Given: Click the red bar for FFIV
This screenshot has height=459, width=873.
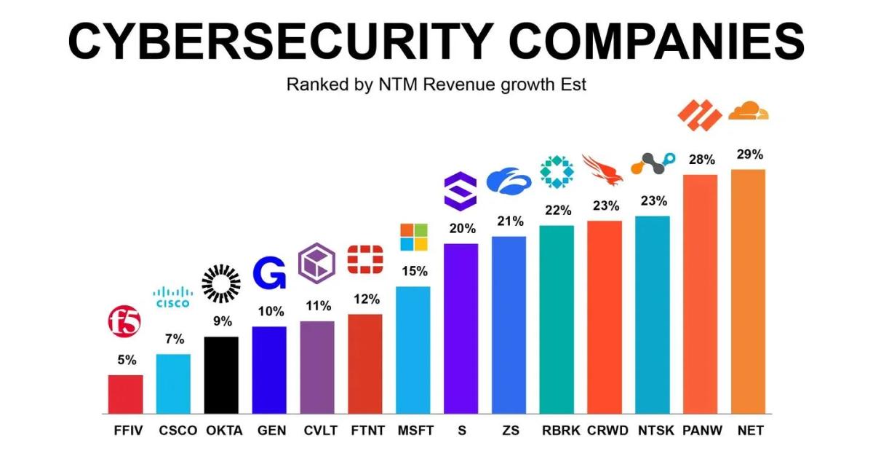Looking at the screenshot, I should pyautogui.click(x=125, y=394).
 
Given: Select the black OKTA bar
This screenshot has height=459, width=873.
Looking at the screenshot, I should pyautogui.click(x=221, y=375).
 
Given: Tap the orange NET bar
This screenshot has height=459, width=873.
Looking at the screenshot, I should pyautogui.click(x=748, y=291).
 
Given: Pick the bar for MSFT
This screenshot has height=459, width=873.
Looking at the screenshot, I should pyautogui.click(x=413, y=350).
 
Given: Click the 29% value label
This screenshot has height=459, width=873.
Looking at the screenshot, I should pyautogui.click(x=749, y=154).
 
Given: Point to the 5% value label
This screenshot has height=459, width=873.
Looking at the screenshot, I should pyautogui.click(x=125, y=360).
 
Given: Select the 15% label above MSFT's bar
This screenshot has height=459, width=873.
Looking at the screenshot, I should pyautogui.click(x=413, y=271).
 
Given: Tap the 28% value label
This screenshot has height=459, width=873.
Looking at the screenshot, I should pyautogui.click(x=701, y=160).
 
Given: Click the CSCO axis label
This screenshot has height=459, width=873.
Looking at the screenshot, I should pyautogui.click(x=178, y=431).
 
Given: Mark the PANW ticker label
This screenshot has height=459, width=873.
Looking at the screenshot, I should pyautogui.click(x=701, y=431).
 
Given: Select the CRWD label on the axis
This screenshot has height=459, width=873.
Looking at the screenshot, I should pyautogui.click(x=605, y=431).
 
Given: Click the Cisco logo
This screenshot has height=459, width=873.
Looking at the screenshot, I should pyautogui.click(x=172, y=297).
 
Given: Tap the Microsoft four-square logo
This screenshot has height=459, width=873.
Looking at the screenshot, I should pyautogui.click(x=414, y=238).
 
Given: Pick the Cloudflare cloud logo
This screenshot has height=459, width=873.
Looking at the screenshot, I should pyautogui.click(x=749, y=111).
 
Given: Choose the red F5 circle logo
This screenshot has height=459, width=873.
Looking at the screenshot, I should pyautogui.click(x=124, y=321).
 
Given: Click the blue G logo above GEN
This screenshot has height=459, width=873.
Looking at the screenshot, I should pyautogui.click(x=269, y=273).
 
